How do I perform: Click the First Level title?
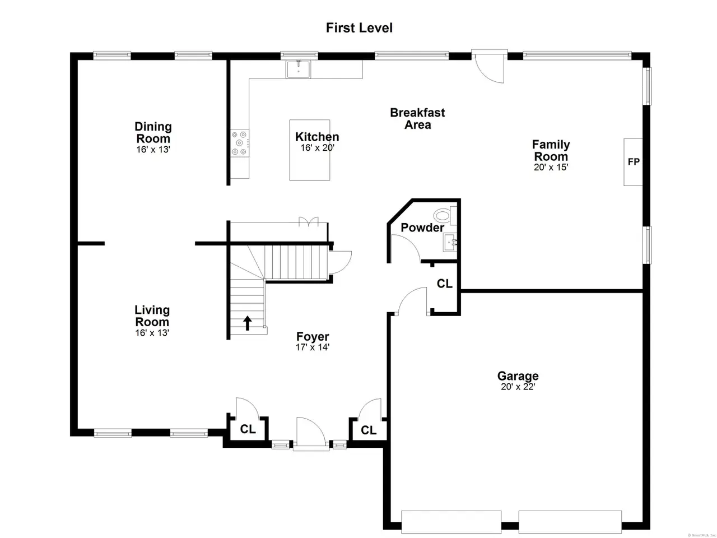[x=359, y=28]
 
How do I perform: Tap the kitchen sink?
[x=298, y=69]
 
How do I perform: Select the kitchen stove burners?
[x=239, y=143]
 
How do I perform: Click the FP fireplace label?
[x=634, y=162]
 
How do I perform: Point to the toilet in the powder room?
[x=445, y=215]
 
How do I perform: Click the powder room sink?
[x=450, y=242]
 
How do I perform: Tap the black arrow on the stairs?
[x=247, y=323]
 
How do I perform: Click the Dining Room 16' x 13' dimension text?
[x=153, y=150]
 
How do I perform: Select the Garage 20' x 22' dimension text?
[x=518, y=387]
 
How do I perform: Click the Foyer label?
[x=313, y=336]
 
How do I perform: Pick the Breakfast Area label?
[x=417, y=119]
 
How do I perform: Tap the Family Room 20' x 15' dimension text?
[x=551, y=167]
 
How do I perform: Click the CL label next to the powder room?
[x=445, y=284]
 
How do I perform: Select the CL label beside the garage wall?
[x=369, y=430]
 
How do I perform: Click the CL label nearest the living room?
[x=248, y=429]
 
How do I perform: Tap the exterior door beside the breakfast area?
[x=489, y=66]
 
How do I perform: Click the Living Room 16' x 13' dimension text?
[x=152, y=333]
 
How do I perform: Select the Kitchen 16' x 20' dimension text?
[x=317, y=148]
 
